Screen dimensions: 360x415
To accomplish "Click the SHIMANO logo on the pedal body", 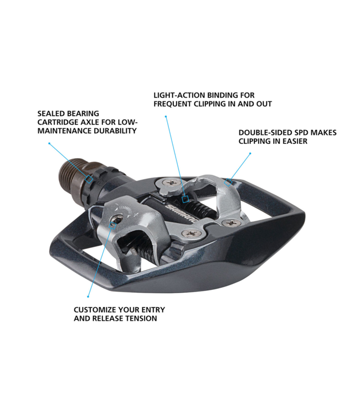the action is [182, 214].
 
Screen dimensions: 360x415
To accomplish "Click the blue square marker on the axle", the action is [89, 179].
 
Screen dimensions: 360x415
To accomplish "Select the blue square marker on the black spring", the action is [186, 199].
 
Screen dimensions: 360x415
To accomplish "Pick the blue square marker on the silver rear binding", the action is [228, 182].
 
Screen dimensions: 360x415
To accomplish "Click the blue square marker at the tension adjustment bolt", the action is [113, 225].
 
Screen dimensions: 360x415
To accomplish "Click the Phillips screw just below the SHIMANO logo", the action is [190, 233].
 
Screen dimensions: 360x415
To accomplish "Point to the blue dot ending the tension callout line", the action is [88, 297].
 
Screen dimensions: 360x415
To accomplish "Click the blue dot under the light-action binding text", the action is [166, 116].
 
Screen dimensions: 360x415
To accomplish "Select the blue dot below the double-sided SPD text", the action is [250, 153].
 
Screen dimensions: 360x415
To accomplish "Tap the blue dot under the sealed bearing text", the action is [49, 143].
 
